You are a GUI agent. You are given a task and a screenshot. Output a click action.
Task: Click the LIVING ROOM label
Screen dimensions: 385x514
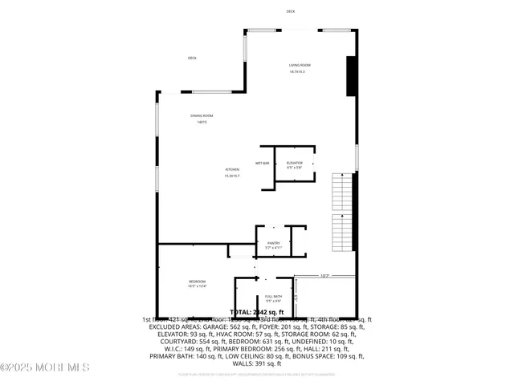(x=300, y=65)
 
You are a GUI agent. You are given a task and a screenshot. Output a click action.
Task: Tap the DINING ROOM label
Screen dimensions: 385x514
(x=202, y=115)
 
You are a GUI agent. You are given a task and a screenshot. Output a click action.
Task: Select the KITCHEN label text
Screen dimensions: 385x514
(x=232, y=169)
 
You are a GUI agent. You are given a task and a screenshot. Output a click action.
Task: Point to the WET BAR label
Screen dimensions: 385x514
(x=263, y=163)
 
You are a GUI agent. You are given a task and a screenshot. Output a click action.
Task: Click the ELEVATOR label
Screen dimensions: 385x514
(x=294, y=163)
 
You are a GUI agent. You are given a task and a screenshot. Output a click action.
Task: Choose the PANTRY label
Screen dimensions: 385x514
(x=273, y=242)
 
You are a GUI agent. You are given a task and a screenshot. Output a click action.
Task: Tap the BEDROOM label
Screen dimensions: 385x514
(x=198, y=282)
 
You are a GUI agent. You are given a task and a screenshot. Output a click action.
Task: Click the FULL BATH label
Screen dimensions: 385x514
(x=273, y=297)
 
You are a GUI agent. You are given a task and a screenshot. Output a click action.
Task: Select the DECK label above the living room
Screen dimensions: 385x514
(x=291, y=11)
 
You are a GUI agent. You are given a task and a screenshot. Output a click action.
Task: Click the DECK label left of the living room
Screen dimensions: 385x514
(x=192, y=58)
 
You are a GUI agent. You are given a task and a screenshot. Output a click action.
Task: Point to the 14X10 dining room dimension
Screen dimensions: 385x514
(x=202, y=122)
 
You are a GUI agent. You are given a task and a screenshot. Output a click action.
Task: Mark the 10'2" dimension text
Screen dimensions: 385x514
(x=324, y=276)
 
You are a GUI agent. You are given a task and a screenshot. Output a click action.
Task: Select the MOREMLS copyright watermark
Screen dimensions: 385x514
(x=45, y=368)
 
